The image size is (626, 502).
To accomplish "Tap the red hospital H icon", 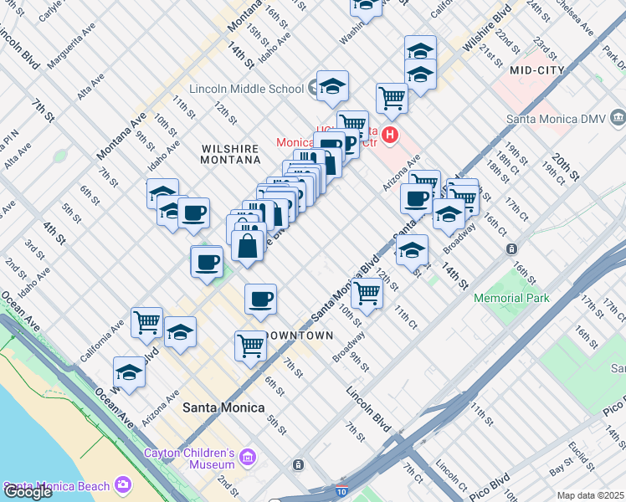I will point(389,134).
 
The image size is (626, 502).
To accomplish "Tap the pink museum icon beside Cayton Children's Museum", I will point(247,458).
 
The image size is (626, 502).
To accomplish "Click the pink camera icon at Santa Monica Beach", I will point(124,485).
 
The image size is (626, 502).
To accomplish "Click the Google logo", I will point(28,492).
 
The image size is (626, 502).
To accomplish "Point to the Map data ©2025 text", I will point(590,495).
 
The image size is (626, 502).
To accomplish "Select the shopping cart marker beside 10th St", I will point(367,293).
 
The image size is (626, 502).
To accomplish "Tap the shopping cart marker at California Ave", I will point(147,320).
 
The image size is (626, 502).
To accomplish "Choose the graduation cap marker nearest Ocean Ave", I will point(129,371).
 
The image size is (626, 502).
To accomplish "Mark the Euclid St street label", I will point(585,452).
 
